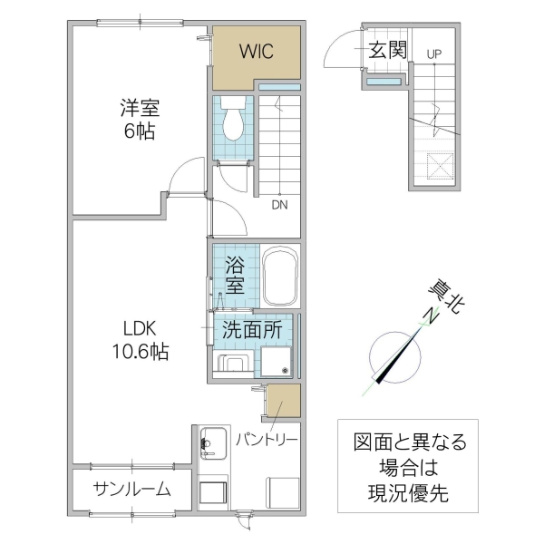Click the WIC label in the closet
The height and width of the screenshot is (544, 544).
tap(256, 52)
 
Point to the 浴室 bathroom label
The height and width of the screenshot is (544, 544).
tap(235, 275)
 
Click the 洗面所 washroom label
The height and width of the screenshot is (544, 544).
tap(253, 330)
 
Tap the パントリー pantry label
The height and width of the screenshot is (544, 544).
tap(267, 440)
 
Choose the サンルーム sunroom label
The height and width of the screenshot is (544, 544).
tap(132, 490)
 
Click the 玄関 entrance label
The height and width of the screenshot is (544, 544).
tap(387, 51)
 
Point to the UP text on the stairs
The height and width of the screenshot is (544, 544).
tap(434, 54)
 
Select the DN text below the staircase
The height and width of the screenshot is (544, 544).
tap(280, 204)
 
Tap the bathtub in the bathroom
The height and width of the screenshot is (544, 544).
tap(280, 276)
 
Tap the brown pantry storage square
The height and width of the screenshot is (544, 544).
tap(282, 401)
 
